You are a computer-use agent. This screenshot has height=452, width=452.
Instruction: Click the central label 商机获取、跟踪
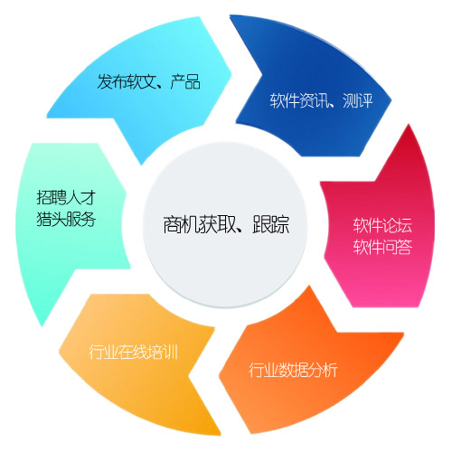pos(226,224)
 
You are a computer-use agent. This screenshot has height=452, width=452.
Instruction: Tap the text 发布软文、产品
pos(148,81)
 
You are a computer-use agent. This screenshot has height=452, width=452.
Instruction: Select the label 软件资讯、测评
pos(321,100)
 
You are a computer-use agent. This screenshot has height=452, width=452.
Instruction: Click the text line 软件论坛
pos(382,225)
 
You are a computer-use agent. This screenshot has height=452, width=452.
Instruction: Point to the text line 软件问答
pos(382,247)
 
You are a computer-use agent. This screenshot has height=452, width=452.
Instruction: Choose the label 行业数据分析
pos(293,370)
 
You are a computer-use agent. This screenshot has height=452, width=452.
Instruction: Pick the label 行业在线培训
pos(133,352)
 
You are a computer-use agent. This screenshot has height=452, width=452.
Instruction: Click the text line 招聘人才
pos(66,198)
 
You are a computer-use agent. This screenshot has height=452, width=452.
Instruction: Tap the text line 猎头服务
pos(66,219)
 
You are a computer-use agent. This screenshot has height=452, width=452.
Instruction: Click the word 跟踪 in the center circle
pos(271,224)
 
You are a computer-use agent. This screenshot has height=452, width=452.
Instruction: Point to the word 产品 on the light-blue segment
pos(185,81)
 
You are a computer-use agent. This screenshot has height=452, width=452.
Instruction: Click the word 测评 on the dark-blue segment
pos(358,100)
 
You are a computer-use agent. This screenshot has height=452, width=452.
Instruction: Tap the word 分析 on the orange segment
pos(323,370)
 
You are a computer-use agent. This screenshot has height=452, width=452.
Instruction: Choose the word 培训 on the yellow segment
pos(163,352)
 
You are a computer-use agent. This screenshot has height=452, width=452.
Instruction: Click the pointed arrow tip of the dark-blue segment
pos(391,99)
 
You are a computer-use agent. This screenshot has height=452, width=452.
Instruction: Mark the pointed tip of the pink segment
pos(409,124)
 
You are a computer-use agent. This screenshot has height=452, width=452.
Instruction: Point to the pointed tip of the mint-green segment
pos(42,326)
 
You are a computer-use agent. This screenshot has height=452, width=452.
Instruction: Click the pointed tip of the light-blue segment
pos(231,72)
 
